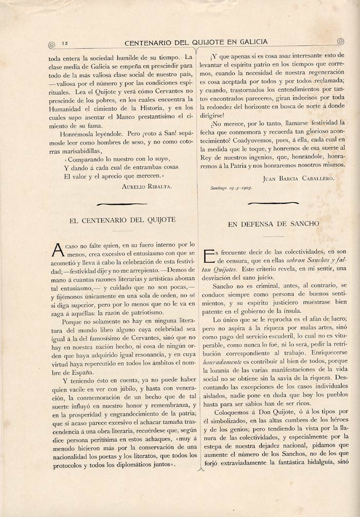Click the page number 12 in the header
[65, 43]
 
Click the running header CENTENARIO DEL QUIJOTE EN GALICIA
[196, 42]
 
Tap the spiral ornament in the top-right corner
[340, 42]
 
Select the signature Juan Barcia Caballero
[298, 178]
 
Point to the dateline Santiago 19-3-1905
[231, 188]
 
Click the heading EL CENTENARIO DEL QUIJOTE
[122, 220]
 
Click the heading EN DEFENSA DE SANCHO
[274, 224]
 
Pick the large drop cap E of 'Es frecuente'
[209, 256]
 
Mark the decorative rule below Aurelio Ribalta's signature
[122, 204]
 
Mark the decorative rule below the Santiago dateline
[273, 203]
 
